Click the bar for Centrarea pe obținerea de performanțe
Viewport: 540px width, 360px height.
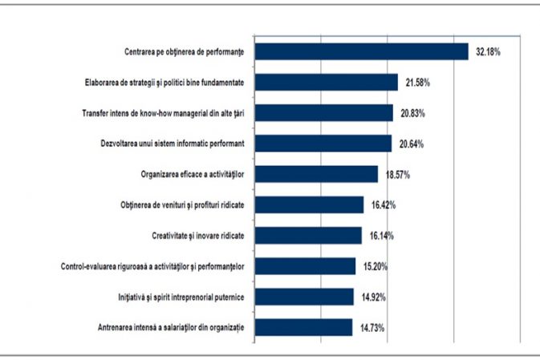click(361, 51)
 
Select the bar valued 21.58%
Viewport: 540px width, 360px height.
click(326, 82)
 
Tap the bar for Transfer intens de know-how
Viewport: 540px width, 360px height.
click(323, 113)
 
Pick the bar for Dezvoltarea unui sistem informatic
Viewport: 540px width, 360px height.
click(323, 144)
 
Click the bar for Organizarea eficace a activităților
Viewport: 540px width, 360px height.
click(315, 174)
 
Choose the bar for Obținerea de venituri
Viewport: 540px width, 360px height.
click(308, 204)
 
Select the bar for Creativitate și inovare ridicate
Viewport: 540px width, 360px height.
click(307, 235)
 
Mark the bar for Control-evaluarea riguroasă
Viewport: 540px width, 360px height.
click(304, 265)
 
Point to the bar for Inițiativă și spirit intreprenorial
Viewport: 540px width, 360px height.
click(303, 296)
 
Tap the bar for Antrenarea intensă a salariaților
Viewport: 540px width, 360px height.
click(302, 326)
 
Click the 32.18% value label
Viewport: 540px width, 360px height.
click(488, 52)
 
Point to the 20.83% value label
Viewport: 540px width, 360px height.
click(411, 114)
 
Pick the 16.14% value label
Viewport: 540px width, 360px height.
click(380, 236)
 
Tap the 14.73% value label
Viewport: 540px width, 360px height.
click(370, 327)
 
